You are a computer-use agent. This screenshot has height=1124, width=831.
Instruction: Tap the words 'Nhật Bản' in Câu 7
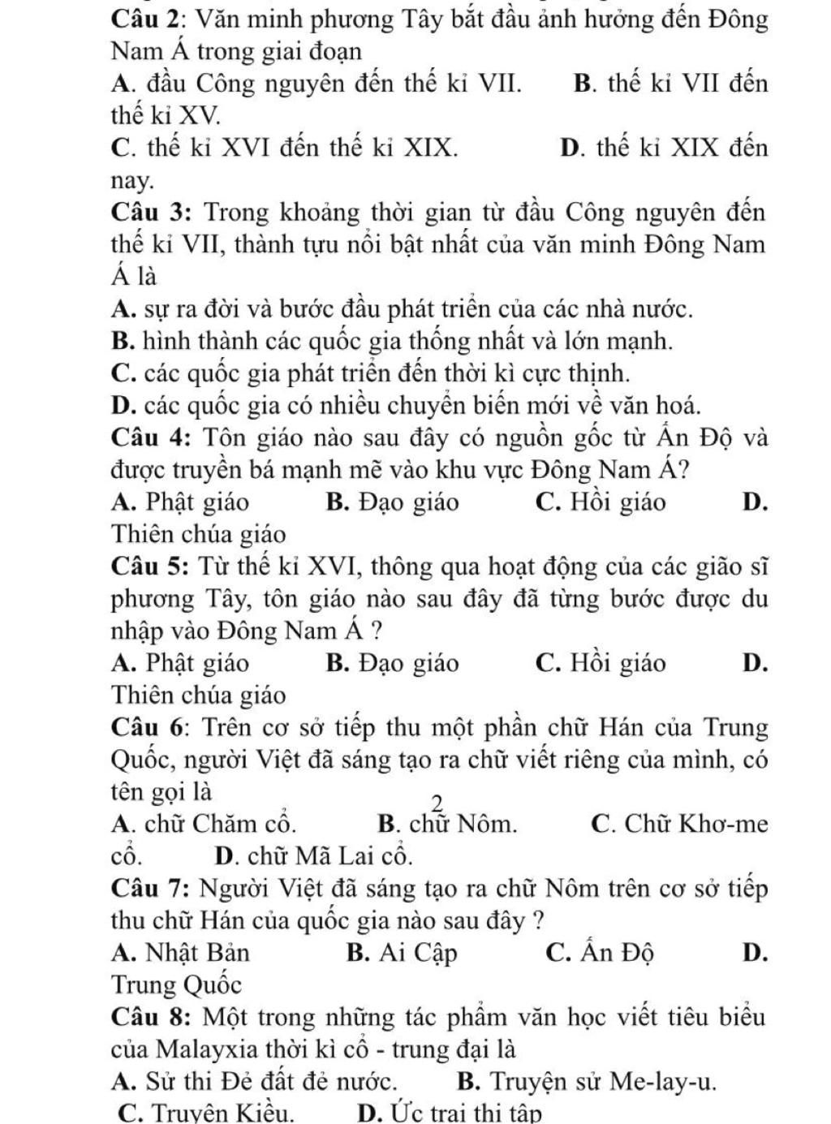(x=198, y=952)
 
